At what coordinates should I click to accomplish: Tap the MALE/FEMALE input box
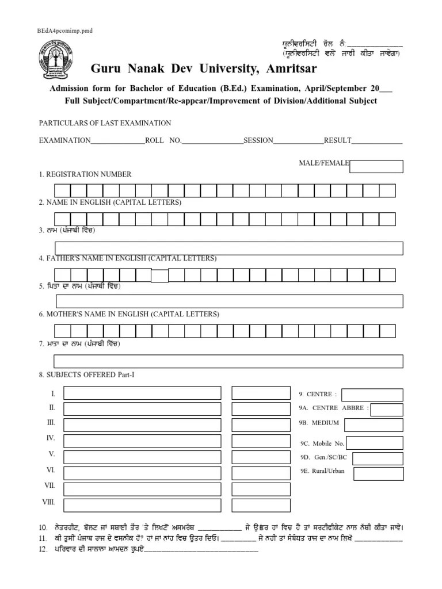click(x=376, y=166)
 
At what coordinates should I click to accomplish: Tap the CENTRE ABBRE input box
click(x=387, y=409)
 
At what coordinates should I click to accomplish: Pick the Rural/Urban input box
click(x=378, y=473)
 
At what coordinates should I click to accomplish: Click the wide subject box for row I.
click(x=142, y=393)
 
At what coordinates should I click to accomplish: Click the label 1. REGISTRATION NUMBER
click(x=85, y=174)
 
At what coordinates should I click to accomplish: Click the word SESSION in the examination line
click(x=258, y=141)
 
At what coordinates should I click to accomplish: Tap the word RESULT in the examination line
click(x=338, y=141)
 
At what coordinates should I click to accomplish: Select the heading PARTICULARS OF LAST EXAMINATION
click(x=105, y=123)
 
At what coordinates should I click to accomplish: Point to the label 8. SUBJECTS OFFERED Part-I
click(x=86, y=375)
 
